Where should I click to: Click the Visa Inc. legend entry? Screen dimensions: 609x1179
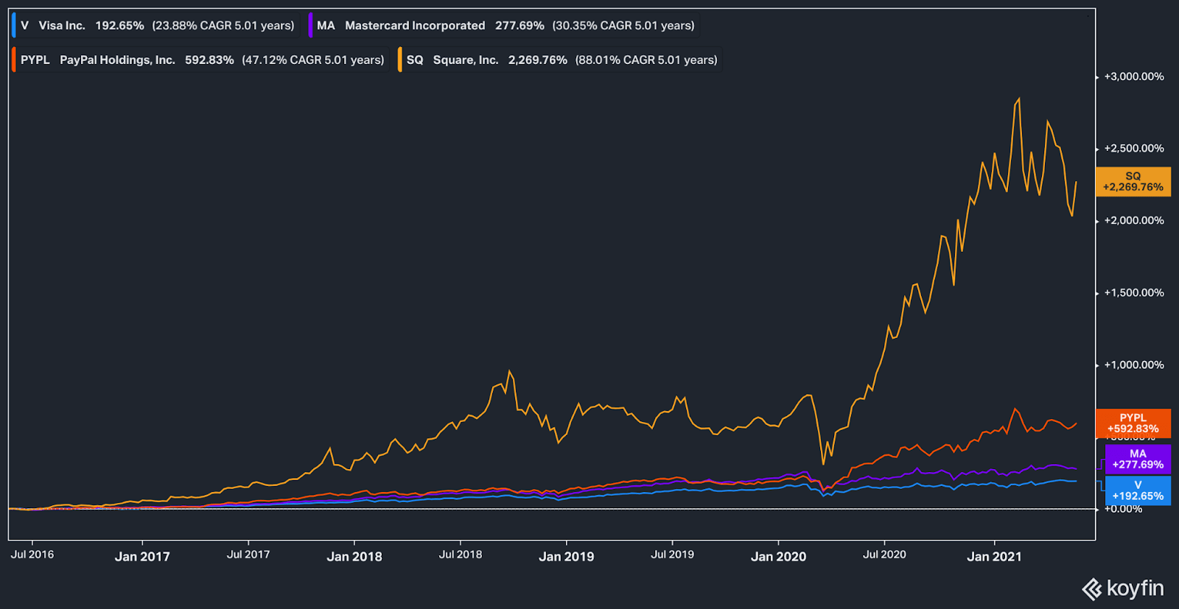(x=62, y=26)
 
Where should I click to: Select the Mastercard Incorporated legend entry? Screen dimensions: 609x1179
(x=415, y=26)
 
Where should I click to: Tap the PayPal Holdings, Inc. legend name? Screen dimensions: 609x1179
(x=117, y=60)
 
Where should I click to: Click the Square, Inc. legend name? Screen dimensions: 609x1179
(x=466, y=60)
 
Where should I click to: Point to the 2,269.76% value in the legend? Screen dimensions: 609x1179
(x=537, y=60)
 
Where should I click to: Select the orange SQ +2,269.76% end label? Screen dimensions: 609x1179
(x=1133, y=182)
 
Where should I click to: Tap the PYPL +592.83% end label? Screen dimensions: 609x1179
(x=1133, y=423)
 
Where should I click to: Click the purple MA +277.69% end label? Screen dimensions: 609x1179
(x=1137, y=460)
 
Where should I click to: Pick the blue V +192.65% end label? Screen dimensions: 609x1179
(x=1137, y=490)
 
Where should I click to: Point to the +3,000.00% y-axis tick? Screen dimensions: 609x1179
(x=1133, y=77)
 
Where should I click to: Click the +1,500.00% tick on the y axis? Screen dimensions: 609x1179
(x=1133, y=293)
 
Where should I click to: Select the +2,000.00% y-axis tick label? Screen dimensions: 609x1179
(x=1133, y=221)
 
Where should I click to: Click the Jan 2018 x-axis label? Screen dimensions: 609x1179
(x=354, y=557)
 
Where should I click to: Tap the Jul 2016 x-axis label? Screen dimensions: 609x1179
(x=32, y=555)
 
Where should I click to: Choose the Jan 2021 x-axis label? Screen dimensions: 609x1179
(x=994, y=557)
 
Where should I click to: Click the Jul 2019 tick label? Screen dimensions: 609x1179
(x=672, y=555)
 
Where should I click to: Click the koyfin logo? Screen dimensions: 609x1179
(x=1122, y=589)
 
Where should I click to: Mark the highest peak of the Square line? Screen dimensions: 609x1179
(x=1019, y=99)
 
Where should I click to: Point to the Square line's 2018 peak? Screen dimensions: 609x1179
(x=509, y=371)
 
